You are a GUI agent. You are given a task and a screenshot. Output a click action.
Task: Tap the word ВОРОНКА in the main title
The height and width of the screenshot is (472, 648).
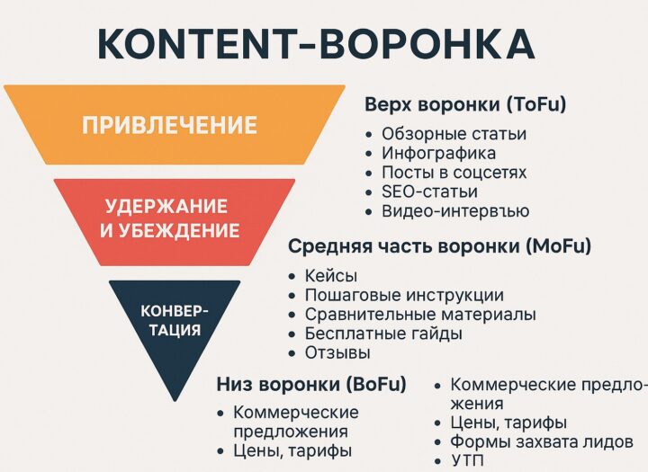(x=431, y=43)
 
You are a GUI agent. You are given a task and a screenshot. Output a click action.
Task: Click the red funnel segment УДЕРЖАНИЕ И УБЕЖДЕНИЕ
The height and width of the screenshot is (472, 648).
(x=173, y=218)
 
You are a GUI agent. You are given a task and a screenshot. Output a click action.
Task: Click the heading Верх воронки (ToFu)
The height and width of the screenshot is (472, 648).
(x=464, y=104)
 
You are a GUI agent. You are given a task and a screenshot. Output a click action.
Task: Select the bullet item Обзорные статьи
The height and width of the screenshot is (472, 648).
(x=454, y=133)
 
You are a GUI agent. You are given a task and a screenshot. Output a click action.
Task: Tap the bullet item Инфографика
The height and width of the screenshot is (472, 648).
(x=438, y=153)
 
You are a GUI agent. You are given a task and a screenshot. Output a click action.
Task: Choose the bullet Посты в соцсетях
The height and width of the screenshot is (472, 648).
(x=454, y=172)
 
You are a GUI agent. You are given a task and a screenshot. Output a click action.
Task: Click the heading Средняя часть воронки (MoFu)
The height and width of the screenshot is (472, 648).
(x=438, y=245)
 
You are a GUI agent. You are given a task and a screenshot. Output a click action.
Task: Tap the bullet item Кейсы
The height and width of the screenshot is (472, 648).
(x=331, y=275)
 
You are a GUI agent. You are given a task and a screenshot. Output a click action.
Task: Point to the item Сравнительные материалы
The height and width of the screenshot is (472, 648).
(x=420, y=315)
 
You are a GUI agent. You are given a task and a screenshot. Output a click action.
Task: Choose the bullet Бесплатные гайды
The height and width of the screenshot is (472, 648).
(x=383, y=334)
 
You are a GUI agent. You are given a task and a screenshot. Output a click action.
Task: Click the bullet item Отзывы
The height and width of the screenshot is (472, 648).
(x=337, y=352)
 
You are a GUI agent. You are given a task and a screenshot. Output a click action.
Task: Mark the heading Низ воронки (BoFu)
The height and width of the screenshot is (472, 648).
(x=310, y=385)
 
